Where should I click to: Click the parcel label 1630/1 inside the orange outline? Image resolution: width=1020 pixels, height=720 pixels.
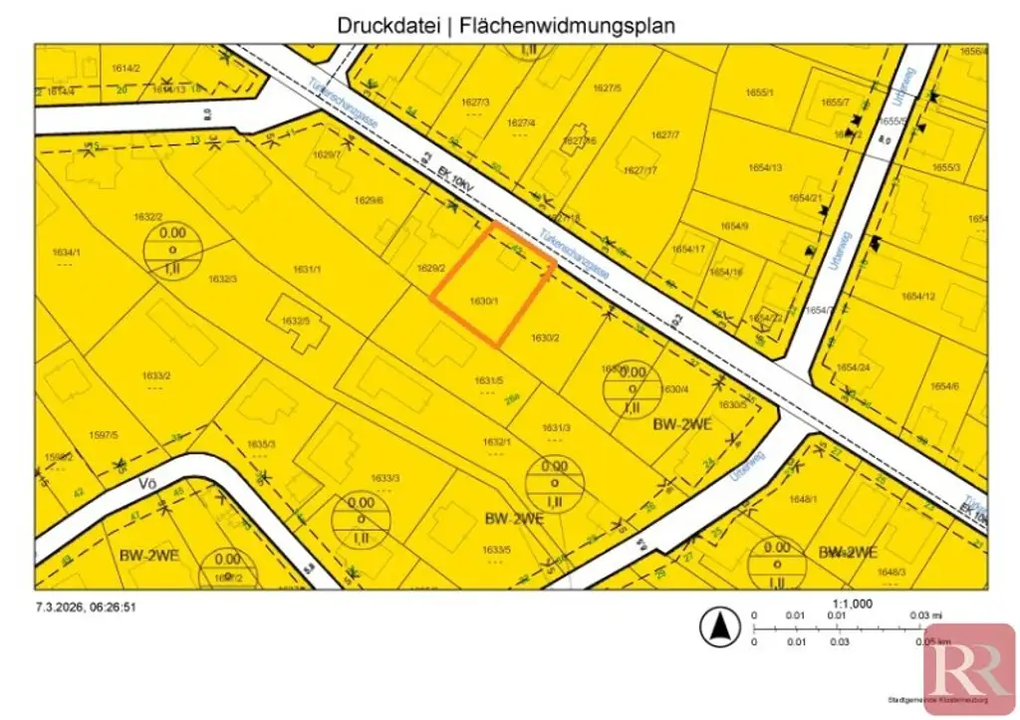tap(483, 300)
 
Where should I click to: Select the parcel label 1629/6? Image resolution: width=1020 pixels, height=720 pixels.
tap(369, 200)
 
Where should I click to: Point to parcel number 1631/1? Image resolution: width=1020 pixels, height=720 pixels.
tap(307, 269)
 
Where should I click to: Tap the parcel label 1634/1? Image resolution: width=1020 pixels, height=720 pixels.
tap(65, 252)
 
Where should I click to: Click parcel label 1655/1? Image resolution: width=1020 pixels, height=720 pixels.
tap(761, 93)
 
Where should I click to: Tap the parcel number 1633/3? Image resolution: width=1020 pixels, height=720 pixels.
tap(384, 478)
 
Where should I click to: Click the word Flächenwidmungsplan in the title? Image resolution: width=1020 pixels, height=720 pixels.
tap(568, 26)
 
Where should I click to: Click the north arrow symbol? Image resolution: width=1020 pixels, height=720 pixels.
tap(717, 627)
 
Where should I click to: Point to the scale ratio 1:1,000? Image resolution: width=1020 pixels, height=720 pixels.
tap(852, 603)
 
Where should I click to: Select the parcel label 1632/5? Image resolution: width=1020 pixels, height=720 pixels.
tap(295, 321)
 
